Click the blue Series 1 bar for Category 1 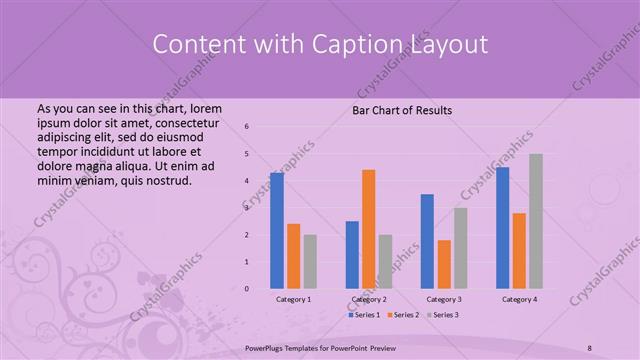click(x=276, y=230)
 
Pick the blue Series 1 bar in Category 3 click(x=427, y=240)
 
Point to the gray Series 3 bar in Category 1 click(x=310, y=261)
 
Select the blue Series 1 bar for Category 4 click(x=502, y=227)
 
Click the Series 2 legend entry click(x=404, y=315)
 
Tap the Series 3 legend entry click(x=443, y=315)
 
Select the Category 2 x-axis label click(x=368, y=299)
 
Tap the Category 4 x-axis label click(x=519, y=299)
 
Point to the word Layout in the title click(x=446, y=45)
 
